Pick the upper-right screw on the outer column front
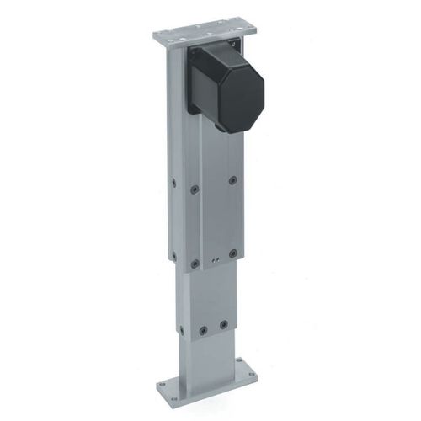pos(233,179)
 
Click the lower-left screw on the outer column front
pos(195,263)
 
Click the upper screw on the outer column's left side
pos(173,181)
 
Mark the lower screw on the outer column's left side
pos(173,254)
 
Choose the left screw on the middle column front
pos(202,330)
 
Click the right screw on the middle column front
pos(224,324)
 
